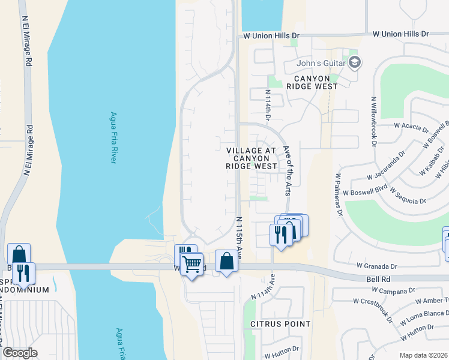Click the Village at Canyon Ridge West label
252,158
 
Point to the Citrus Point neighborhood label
281,324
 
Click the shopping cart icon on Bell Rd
191,263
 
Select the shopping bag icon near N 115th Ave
226,261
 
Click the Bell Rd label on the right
379,279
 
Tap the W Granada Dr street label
377,265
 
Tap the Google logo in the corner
20,353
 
